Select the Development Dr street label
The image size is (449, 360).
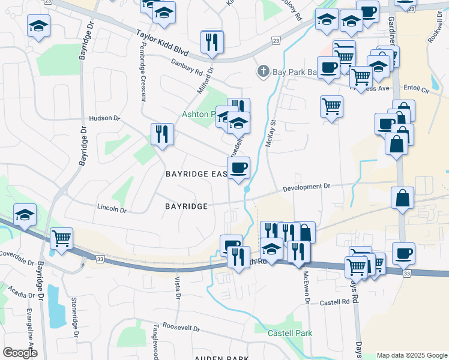click(306, 187)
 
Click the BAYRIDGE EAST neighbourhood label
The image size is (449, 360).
click(196, 174)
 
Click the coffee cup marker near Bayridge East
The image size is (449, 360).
click(238, 168)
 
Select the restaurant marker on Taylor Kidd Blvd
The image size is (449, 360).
click(212, 42)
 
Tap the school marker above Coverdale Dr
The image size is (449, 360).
click(25, 215)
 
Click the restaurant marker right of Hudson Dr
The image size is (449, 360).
click(162, 134)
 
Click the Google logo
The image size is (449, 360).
click(20, 353)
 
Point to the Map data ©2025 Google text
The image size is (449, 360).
click(411, 355)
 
